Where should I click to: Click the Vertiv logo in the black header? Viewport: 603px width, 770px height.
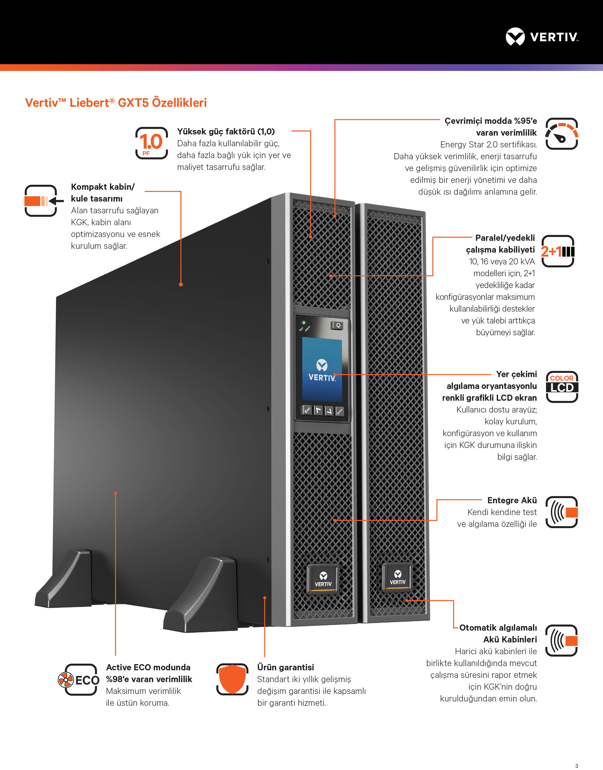[x=542, y=37]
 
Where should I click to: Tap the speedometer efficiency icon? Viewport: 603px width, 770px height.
[x=562, y=134]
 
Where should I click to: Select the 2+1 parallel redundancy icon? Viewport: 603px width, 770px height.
[x=558, y=251]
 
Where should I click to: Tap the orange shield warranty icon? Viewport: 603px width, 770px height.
[x=232, y=679]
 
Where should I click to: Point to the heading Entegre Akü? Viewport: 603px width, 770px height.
[x=512, y=500]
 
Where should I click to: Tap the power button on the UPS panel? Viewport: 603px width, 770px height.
[x=337, y=325]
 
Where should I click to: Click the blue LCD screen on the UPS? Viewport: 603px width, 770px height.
[x=322, y=369]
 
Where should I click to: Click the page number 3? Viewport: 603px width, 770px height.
[x=577, y=766]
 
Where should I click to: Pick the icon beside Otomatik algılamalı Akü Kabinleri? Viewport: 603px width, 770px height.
[x=562, y=641]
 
